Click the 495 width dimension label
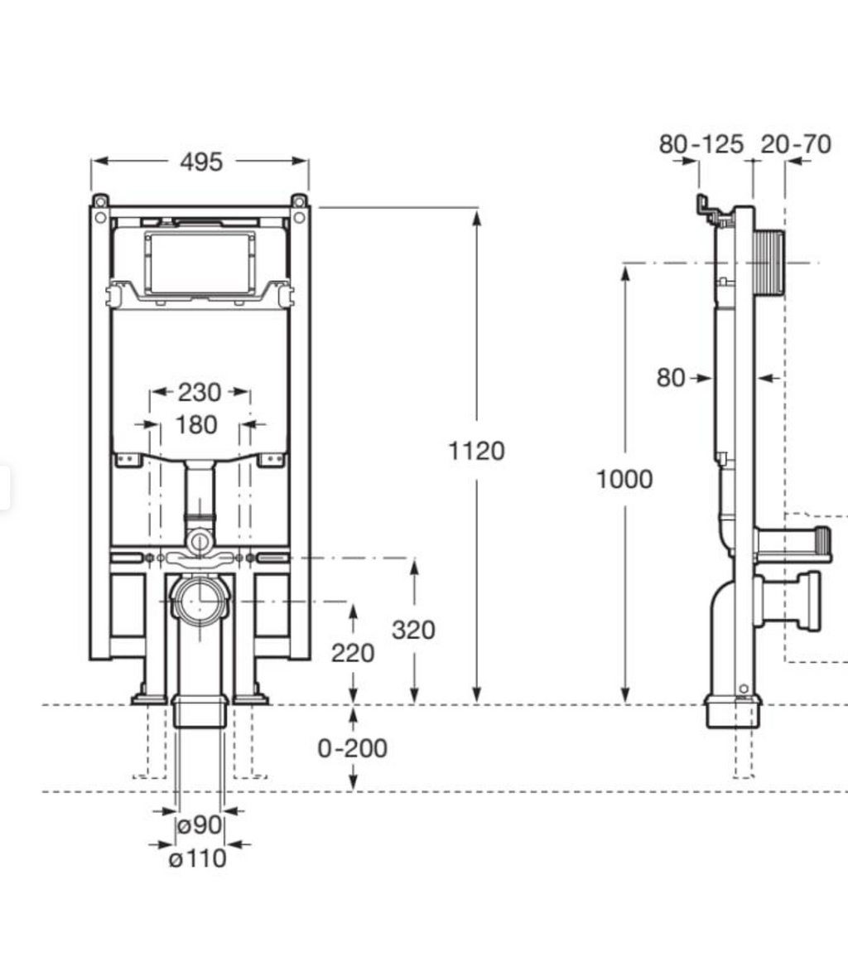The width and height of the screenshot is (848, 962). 201,162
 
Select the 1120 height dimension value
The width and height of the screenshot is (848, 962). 476,451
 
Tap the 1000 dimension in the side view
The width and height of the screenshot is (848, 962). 624,479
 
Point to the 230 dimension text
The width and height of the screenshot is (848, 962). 200,391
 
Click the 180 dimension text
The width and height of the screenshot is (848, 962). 196,425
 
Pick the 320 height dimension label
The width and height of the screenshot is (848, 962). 413,630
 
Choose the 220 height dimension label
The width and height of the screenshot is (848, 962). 353,653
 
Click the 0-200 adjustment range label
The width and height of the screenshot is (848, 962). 353,748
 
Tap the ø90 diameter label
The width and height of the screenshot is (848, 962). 200,825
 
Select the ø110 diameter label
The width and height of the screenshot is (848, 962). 197,858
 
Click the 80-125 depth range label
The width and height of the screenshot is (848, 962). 701,144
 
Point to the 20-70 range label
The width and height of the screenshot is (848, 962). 795,144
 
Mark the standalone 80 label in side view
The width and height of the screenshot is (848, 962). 671,378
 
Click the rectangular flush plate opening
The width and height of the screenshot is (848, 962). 200,262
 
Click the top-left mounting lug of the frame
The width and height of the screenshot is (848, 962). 100,201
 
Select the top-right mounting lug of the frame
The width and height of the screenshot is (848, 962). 299,201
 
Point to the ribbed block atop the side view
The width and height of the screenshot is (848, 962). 769,263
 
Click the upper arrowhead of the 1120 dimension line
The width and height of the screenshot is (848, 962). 476,217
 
